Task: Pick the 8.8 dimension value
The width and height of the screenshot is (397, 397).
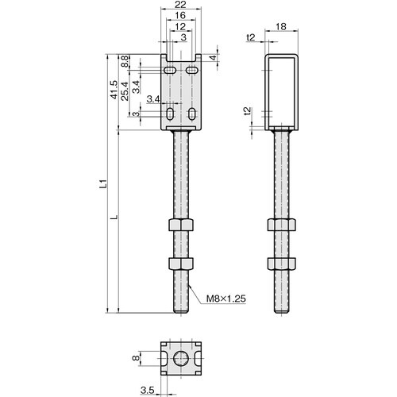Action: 126,61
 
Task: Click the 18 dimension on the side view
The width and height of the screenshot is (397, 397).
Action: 282,26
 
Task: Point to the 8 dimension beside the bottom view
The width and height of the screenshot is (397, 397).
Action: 136,359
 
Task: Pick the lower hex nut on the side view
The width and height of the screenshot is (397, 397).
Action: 282,264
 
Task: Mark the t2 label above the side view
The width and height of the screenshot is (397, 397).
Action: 251,37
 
